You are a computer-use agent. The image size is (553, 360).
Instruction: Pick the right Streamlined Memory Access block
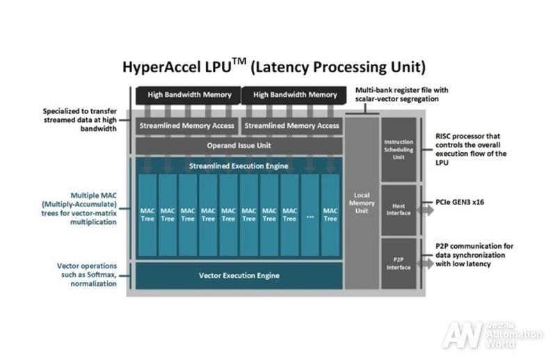tap(292, 126)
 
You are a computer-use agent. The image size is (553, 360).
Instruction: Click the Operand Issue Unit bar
tap(239, 146)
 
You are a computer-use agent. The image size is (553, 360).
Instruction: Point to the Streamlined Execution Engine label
tap(239, 165)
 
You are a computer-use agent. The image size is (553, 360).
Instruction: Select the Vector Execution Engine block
tap(239, 276)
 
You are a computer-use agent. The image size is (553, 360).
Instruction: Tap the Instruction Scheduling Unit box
tap(399, 149)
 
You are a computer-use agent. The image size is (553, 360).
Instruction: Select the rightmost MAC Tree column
tap(330, 214)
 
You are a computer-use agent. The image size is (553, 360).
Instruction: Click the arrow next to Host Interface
tap(424, 207)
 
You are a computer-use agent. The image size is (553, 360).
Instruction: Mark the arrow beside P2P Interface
tap(424, 265)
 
